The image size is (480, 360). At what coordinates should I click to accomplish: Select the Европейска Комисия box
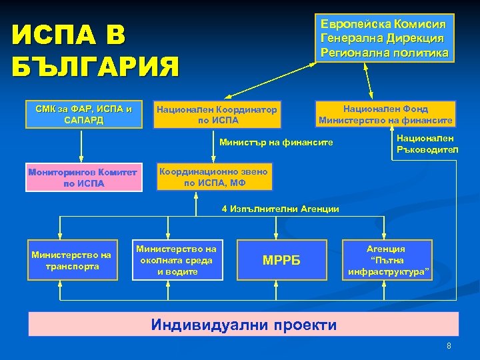point(385,38)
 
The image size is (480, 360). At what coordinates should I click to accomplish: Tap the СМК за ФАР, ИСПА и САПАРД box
point(83,114)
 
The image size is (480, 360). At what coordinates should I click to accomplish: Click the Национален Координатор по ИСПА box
point(217,114)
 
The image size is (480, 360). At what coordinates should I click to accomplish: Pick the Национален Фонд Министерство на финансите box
point(386,114)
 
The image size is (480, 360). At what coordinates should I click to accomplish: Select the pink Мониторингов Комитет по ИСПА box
point(83,177)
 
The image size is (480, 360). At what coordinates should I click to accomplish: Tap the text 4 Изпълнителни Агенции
point(280,209)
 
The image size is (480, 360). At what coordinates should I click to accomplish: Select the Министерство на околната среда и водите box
point(177,259)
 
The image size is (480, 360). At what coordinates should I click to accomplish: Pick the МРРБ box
point(280,259)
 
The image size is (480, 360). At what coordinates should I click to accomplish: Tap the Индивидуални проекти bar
point(243,325)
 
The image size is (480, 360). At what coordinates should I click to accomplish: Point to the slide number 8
point(449,346)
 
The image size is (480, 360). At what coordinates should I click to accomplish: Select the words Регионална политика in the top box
point(385,52)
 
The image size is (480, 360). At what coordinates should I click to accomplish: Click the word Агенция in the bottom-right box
point(386,248)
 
